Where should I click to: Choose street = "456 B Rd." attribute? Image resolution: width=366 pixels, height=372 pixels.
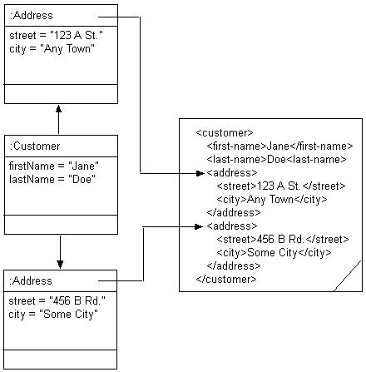[49, 300]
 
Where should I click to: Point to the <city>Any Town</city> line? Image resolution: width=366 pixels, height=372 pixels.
[272, 200]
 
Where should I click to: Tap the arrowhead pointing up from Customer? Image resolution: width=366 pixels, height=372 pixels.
[59, 107]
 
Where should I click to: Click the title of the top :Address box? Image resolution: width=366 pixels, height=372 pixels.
[30, 16]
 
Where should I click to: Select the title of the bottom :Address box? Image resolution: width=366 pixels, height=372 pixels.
[31, 281]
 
